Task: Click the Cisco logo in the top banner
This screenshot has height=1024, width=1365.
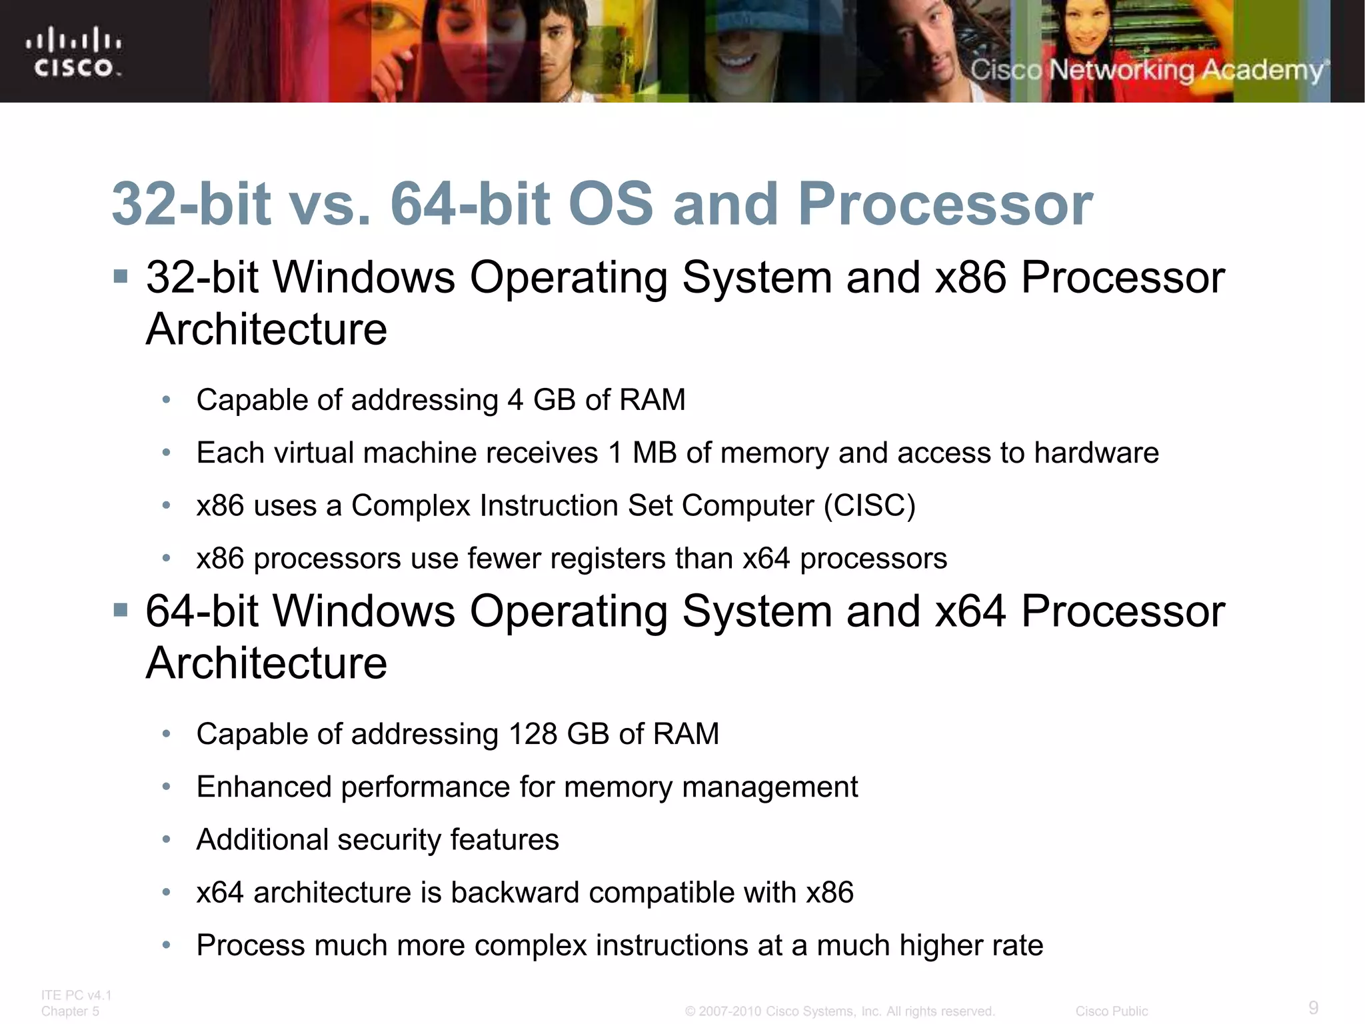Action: point(74,52)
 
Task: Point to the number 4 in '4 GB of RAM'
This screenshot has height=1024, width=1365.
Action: point(515,400)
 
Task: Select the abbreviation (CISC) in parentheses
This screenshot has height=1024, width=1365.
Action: point(869,505)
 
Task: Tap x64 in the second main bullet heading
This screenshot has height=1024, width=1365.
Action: point(970,611)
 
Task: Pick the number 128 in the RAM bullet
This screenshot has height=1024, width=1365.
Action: point(533,734)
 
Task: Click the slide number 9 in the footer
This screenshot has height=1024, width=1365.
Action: point(1313,1007)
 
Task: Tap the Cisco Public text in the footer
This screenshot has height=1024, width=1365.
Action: point(1111,1011)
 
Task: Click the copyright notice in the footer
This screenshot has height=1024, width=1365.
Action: point(839,1011)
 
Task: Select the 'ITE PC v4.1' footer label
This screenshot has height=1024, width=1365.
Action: point(76,995)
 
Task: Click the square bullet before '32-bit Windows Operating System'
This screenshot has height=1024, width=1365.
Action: point(121,276)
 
